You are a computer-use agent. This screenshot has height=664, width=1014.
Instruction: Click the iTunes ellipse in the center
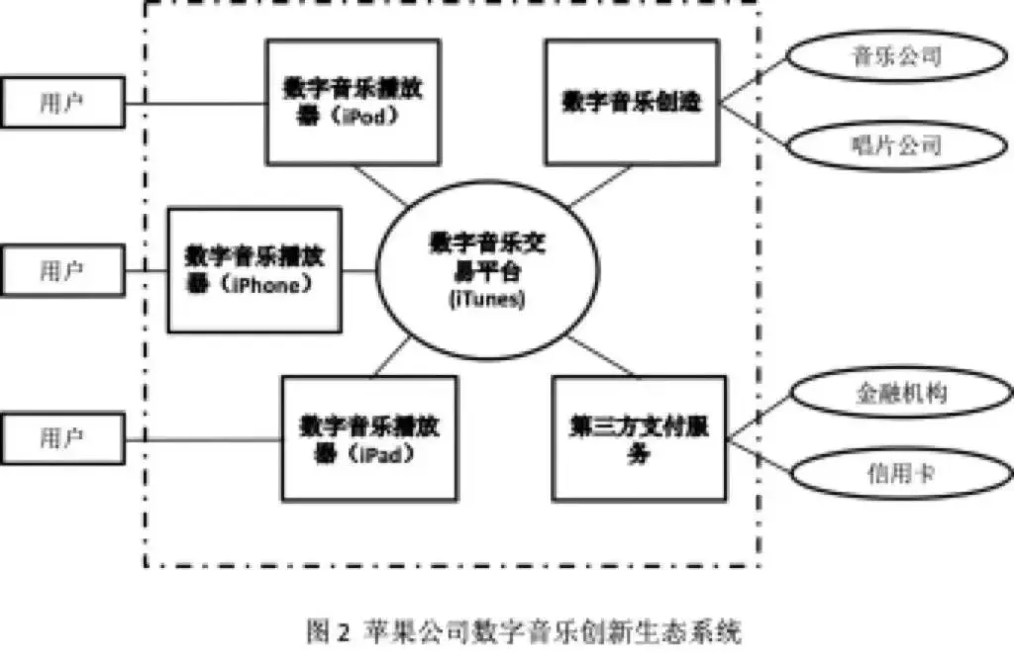(x=476, y=269)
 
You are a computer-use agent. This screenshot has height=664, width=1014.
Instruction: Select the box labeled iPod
(x=353, y=101)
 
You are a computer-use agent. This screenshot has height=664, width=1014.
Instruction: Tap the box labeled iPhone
(x=254, y=269)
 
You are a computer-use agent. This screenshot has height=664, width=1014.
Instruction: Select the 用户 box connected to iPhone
(x=61, y=270)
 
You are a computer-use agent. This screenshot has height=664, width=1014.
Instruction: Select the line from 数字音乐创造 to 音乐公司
(x=754, y=79)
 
